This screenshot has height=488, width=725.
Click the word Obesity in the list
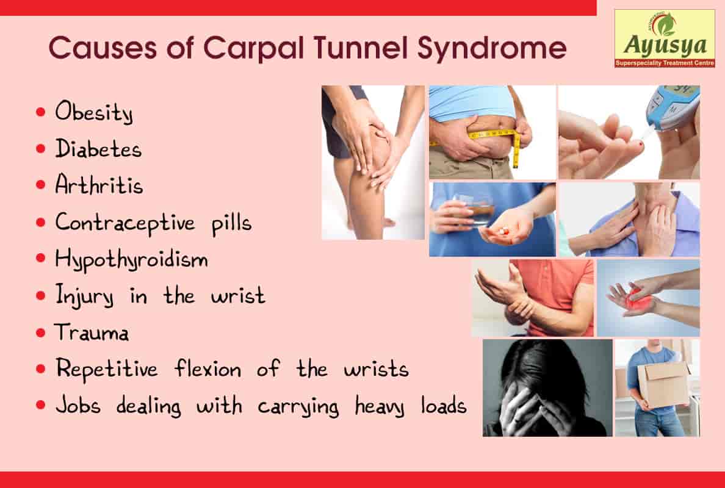point(93,113)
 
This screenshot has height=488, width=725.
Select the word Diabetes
point(98,149)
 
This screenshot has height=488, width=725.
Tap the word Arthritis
point(99,185)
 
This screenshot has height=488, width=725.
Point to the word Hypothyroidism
point(131,260)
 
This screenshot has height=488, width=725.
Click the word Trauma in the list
point(92,333)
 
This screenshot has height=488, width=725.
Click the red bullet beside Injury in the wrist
point(41,296)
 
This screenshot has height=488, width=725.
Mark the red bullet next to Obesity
point(41,113)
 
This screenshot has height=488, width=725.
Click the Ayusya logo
point(665,38)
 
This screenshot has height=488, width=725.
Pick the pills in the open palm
point(504,231)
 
